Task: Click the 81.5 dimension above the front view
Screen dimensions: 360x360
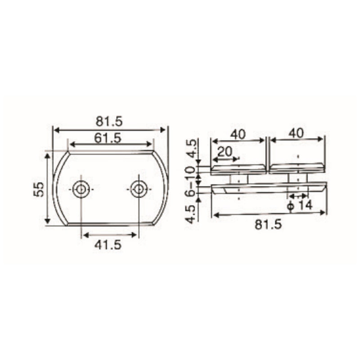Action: click(x=109, y=121)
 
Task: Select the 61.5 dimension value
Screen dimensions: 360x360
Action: click(x=108, y=138)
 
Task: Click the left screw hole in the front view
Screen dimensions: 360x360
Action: click(x=81, y=189)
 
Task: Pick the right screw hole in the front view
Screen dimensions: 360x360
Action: click(x=139, y=189)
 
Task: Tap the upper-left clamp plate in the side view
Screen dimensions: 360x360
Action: click(x=238, y=169)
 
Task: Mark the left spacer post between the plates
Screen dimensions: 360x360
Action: click(x=238, y=179)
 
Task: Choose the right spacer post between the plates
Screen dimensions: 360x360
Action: click(x=297, y=179)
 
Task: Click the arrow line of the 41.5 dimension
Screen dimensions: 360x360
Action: click(x=108, y=234)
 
